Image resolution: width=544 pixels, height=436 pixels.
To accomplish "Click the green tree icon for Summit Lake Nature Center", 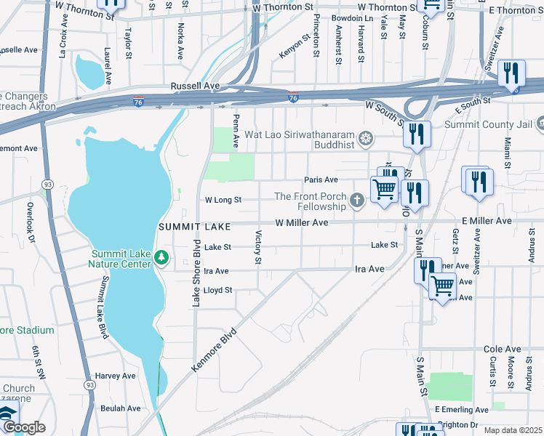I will point(161,257).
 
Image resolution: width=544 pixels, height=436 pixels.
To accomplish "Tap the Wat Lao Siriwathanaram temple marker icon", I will point(368,138).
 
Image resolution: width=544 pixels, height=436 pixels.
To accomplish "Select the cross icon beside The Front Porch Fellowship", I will point(356,201).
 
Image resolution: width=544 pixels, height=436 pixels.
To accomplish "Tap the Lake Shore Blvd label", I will point(196,272).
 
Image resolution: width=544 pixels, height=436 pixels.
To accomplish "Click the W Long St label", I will point(223,199).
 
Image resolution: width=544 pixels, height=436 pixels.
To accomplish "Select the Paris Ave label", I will point(321,180).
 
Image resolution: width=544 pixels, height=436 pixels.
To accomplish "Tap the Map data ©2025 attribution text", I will point(513,430).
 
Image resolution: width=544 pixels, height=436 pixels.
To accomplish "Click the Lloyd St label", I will point(217,290).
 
